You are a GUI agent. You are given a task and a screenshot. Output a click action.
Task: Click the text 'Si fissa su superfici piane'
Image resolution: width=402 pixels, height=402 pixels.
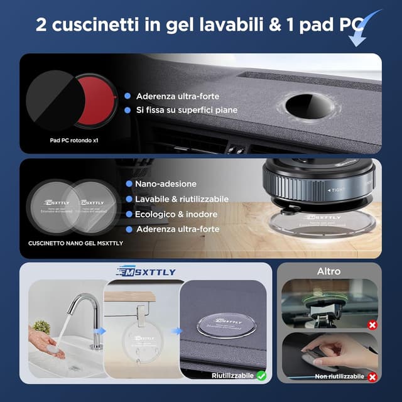point(187,110)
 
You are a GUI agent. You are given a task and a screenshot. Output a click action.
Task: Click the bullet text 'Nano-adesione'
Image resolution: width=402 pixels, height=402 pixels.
point(166,184)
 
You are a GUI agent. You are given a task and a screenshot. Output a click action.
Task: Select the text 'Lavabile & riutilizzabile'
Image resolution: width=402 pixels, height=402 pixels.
point(182,199)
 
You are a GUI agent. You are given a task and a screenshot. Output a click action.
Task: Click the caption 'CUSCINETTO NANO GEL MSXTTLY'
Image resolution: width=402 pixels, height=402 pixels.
point(75,242)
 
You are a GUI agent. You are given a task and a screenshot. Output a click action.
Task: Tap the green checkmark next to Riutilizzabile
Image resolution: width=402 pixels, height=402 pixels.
point(261,375)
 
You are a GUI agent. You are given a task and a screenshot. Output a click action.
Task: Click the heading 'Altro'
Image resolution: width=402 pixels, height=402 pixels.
point(329,271)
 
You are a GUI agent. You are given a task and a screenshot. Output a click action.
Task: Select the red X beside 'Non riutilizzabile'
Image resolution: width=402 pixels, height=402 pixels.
point(372,376)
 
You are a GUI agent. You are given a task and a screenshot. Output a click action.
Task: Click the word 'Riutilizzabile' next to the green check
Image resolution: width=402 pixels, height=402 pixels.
point(232,375)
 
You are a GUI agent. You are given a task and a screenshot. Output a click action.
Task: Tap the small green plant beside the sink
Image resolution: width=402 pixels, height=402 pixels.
point(42,327)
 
